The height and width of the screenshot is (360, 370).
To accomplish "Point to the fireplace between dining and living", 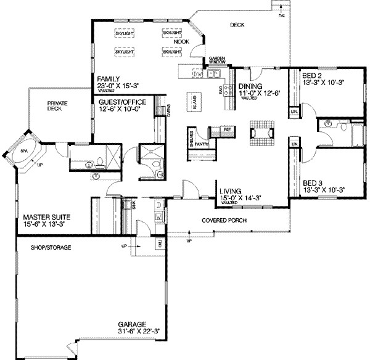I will (260, 131).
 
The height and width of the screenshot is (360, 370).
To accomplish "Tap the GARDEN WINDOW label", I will (216, 60).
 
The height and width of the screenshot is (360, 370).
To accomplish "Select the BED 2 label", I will (311, 76).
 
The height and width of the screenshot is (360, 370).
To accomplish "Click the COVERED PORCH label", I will (223, 220).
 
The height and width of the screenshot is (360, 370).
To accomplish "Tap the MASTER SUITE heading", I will (47, 218).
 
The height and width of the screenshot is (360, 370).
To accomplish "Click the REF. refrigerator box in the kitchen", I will (227, 129).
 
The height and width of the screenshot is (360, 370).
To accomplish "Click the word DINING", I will (251, 87).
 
